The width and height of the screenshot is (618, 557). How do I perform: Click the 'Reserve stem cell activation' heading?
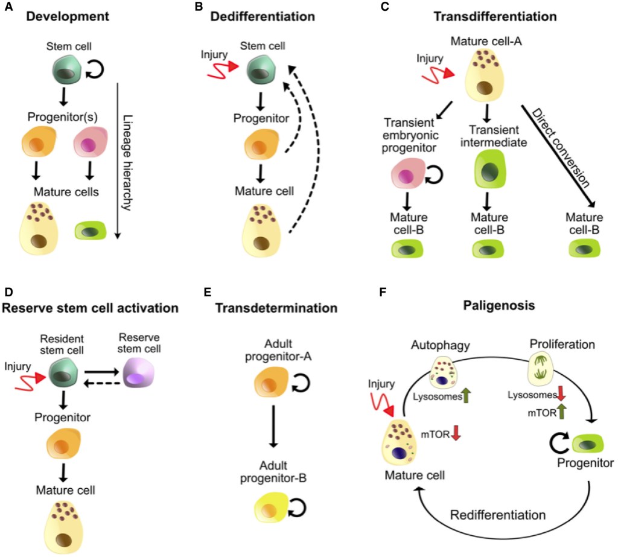[x=91, y=308]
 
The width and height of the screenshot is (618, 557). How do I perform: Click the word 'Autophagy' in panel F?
[x=436, y=346]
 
